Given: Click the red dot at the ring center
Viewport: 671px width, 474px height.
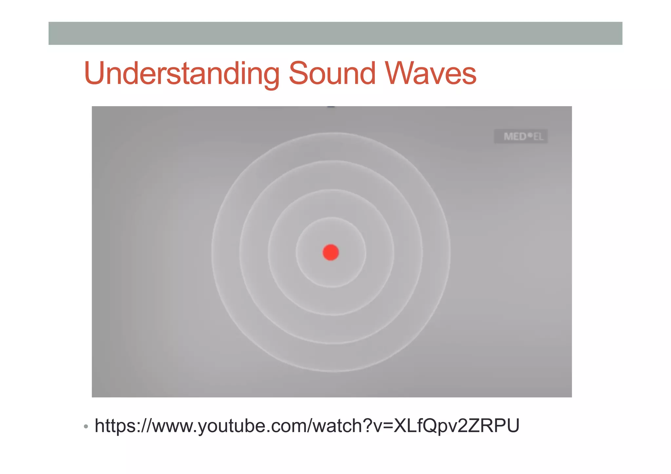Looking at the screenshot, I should point(331,252).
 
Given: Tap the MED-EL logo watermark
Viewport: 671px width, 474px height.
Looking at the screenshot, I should point(521,136).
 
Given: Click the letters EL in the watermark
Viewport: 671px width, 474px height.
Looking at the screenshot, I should point(538,137).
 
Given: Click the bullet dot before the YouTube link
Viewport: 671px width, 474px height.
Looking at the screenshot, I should point(86,427).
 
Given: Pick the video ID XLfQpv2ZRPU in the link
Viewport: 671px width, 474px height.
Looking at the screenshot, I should point(456,426).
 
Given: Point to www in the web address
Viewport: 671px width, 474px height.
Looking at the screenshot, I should point(172,426).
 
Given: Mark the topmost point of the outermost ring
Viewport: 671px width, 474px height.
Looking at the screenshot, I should point(331,133).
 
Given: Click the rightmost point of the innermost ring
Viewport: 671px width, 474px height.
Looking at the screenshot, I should point(366,252).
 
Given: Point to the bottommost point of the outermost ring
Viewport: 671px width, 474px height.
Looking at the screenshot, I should point(331,371).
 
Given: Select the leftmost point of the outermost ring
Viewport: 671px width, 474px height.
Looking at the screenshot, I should point(212,252).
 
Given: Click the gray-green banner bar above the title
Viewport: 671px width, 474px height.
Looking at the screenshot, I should point(335,33).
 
